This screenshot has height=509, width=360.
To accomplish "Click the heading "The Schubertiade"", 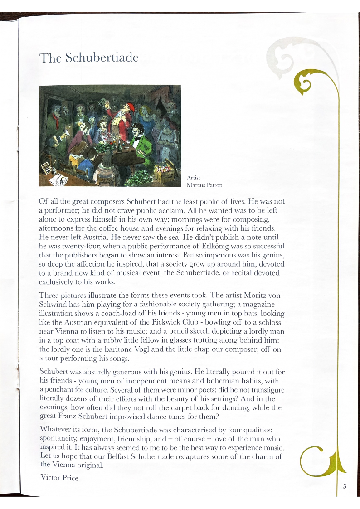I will tap(88, 58).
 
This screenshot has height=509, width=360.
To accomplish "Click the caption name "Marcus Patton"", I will tap(204, 185).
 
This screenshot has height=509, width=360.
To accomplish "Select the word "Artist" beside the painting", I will tap(193, 178).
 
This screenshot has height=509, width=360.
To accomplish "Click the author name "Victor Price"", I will tap(59, 477).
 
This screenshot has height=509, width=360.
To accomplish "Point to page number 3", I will tap(344, 486).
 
